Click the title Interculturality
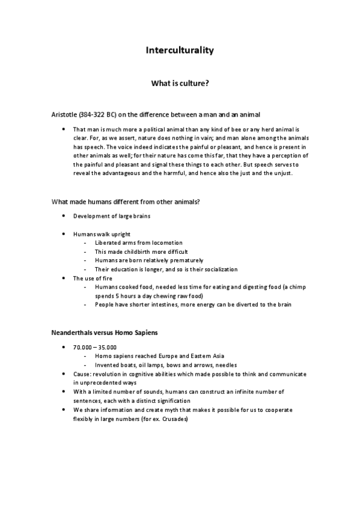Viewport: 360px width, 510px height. (x=180, y=51)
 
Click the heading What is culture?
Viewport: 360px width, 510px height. (x=180, y=84)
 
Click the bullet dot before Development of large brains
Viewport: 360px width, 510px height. (x=64, y=215)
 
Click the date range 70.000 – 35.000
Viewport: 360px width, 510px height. (x=94, y=347)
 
